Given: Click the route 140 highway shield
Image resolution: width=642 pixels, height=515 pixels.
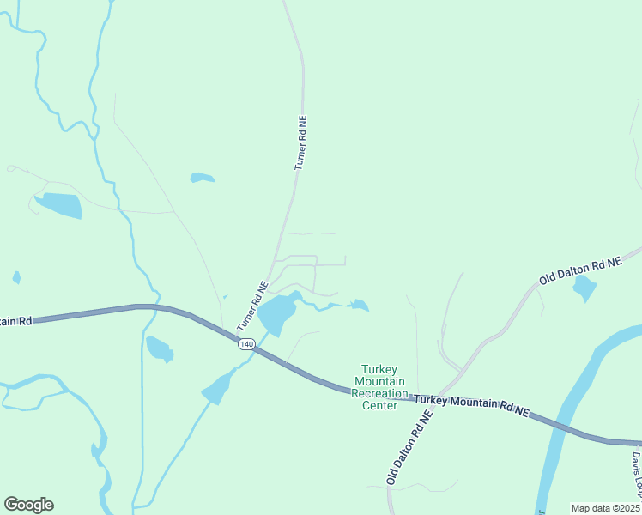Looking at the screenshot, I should click(x=246, y=344).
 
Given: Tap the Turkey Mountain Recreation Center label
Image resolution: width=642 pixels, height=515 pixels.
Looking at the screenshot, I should click(x=379, y=387).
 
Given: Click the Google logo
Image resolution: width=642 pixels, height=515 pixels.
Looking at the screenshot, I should click(x=28, y=505).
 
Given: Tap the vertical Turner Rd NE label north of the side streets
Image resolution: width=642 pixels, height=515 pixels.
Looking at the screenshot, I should click(x=300, y=142).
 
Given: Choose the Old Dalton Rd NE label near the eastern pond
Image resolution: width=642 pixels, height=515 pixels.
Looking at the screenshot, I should click(x=580, y=269).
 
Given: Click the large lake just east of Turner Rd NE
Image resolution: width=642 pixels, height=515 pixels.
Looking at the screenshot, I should click(x=276, y=315).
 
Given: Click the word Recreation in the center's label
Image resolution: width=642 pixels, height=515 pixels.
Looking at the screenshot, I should click(x=379, y=393).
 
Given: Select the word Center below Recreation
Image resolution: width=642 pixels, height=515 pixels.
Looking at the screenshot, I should click(x=379, y=405).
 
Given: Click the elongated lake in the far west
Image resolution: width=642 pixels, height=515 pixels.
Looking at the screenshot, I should click(x=58, y=205).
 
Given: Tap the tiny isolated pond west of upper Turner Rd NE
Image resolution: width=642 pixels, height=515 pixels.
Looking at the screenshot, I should click(x=202, y=178).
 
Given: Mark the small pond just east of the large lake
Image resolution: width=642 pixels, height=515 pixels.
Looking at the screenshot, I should click(x=360, y=305).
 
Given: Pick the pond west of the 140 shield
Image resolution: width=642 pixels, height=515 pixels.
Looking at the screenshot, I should click(x=159, y=348).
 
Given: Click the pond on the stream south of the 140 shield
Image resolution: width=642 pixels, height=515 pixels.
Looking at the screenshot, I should click(x=217, y=389).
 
